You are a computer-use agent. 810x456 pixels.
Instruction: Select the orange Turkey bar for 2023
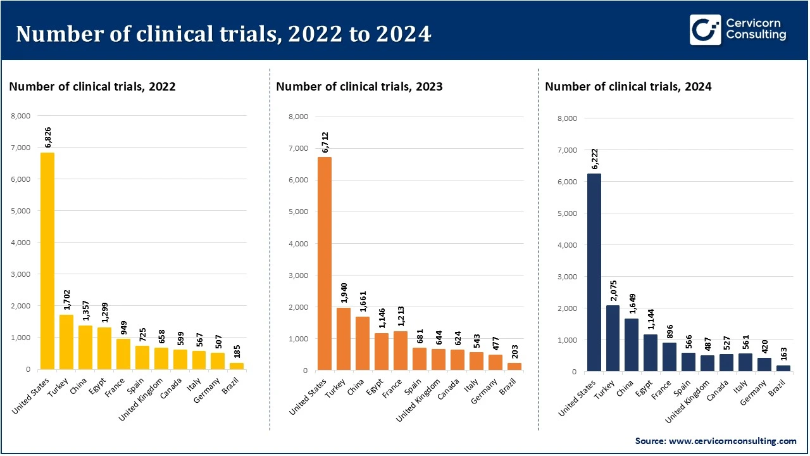pyautogui.click(x=343, y=339)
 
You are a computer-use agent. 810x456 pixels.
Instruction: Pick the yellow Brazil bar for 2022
pyautogui.click(x=237, y=365)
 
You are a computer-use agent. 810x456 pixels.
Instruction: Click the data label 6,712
pyautogui.click(x=325, y=140)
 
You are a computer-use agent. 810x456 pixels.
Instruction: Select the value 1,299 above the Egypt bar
pyautogui.click(x=104, y=312)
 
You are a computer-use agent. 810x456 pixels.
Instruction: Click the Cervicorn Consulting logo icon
pyautogui.click(x=705, y=30)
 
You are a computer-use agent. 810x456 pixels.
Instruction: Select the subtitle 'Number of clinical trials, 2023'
pyautogui.click(x=359, y=87)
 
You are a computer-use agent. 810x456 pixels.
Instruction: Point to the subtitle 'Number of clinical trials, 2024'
pyautogui.click(x=628, y=87)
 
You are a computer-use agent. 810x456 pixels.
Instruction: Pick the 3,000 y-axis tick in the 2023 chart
pyautogui.click(x=297, y=275)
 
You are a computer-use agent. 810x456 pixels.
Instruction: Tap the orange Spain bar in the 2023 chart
pyautogui.click(x=419, y=358)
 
